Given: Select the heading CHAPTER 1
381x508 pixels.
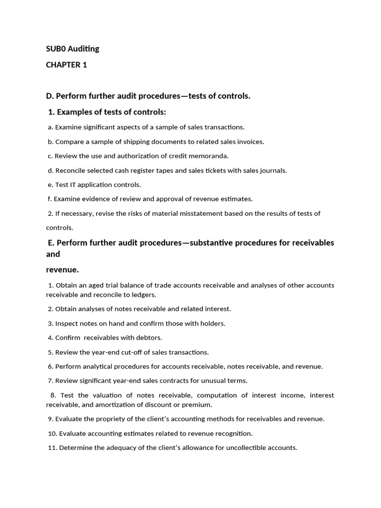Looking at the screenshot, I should [66, 65].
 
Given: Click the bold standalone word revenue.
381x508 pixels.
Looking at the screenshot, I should [63, 270].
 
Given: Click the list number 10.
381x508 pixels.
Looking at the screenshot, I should [52, 433].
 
